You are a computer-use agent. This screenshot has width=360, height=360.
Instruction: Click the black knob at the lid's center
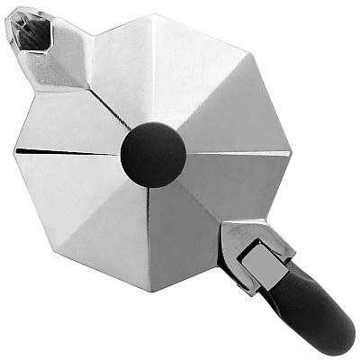pyautogui.click(x=153, y=155)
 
